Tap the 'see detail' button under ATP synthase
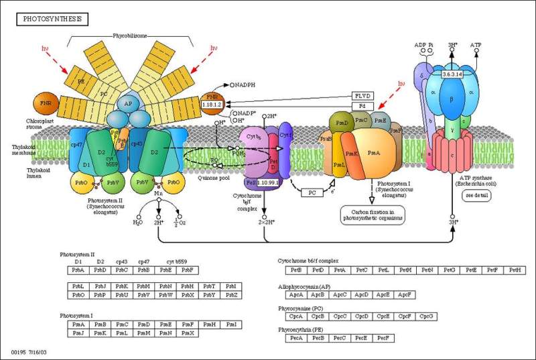(477, 194)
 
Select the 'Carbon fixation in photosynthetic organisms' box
(371, 216)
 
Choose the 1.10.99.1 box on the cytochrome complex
(271, 182)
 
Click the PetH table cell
(515, 270)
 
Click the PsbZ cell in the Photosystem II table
(231, 295)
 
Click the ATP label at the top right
(476, 45)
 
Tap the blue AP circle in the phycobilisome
(127, 103)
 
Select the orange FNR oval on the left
(46, 103)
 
